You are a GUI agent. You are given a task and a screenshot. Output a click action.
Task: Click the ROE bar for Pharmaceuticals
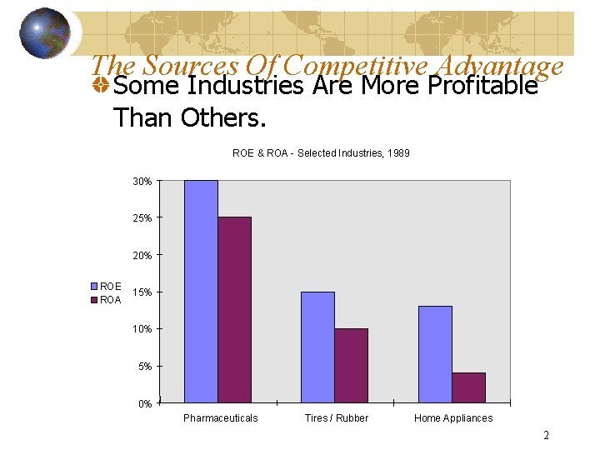[x=201, y=292]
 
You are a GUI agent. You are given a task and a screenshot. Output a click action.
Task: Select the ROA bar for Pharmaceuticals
[x=234, y=310]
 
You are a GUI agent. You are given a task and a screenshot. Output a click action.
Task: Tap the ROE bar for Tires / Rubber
[x=317, y=347]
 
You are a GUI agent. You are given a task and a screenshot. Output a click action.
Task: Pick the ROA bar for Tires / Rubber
[x=351, y=366]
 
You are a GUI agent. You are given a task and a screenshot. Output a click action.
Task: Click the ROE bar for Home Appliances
[x=435, y=355]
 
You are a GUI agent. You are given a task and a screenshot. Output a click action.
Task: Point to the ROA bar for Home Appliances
[x=468, y=387]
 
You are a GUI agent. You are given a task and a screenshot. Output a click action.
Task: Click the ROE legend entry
[x=106, y=287]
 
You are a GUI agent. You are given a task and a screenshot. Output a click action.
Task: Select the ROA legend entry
[x=106, y=299]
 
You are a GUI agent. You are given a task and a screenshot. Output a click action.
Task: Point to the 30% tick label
[x=142, y=181]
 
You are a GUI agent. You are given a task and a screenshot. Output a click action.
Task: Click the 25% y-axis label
[x=142, y=218]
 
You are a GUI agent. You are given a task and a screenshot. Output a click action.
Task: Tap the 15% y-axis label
[x=142, y=292]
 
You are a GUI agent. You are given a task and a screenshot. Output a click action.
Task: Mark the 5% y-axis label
[x=143, y=367]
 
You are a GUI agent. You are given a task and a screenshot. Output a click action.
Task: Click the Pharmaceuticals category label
[x=220, y=418]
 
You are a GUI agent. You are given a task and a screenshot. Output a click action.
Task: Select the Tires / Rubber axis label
[x=336, y=418]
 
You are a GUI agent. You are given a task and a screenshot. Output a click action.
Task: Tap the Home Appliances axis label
[x=453, y=418]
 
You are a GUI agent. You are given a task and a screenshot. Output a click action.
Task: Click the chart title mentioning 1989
[x=321, y=153]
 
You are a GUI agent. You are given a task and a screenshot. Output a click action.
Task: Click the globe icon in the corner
[x=45, y=33]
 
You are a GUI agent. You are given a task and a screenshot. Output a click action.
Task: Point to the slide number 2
[x=546, y=435]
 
